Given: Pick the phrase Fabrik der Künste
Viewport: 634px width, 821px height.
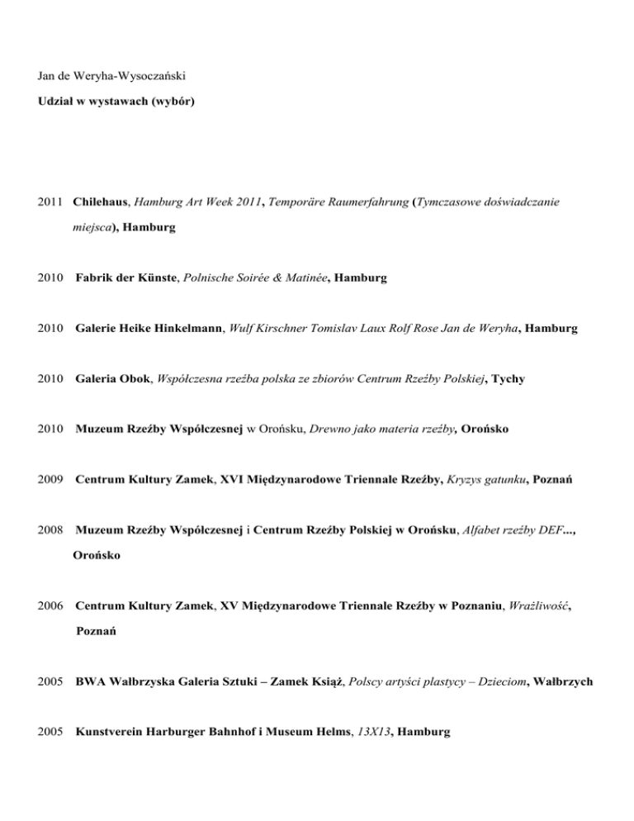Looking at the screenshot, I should point(124,278).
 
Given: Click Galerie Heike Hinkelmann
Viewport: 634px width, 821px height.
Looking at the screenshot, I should point(156,328).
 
